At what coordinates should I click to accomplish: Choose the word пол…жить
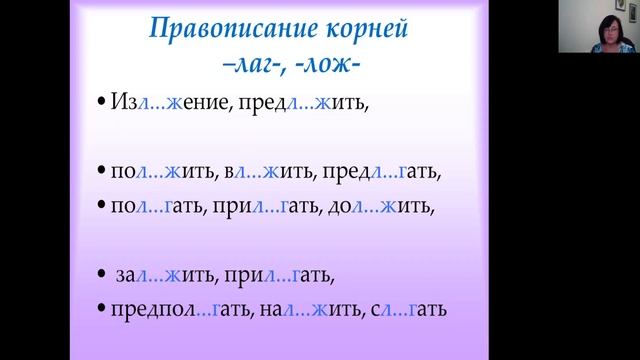tap(161, 171)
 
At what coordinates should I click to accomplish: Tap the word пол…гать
tap(157, 209)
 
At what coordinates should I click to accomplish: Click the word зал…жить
tap(171, 273)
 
